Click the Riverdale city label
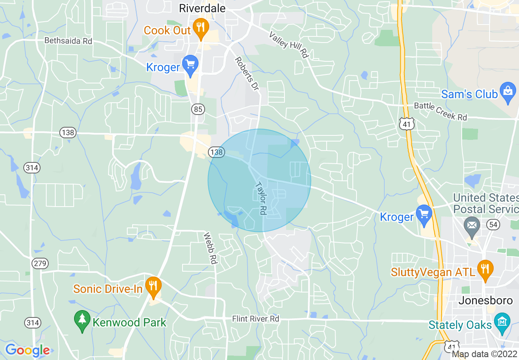point(202,8)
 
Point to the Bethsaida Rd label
point(68,41)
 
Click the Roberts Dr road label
point(247,74)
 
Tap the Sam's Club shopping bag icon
point(508,93)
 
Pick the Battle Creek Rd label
point(440,111)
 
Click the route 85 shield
point(198,109)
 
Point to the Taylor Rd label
point(261,198)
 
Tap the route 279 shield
point(41,263)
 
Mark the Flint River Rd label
point(255,318)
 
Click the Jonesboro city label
point(485,301)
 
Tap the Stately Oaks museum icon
point(502,322)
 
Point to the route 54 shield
point(493,224)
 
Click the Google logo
point(27,350)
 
